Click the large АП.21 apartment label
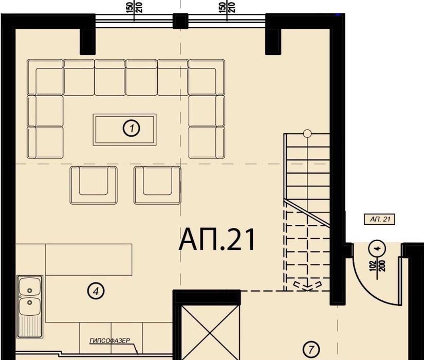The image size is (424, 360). (217, 240)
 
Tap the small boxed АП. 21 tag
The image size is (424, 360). (380, 220)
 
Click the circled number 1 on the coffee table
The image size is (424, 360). (132, 129)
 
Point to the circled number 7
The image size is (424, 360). (310, 350)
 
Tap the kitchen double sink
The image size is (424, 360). (29, 298)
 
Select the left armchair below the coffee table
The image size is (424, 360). (93, 185)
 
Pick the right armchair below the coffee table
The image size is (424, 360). (157, 185)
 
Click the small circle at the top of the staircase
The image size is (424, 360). (307, 134)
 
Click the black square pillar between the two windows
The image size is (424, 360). (180, 21)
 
